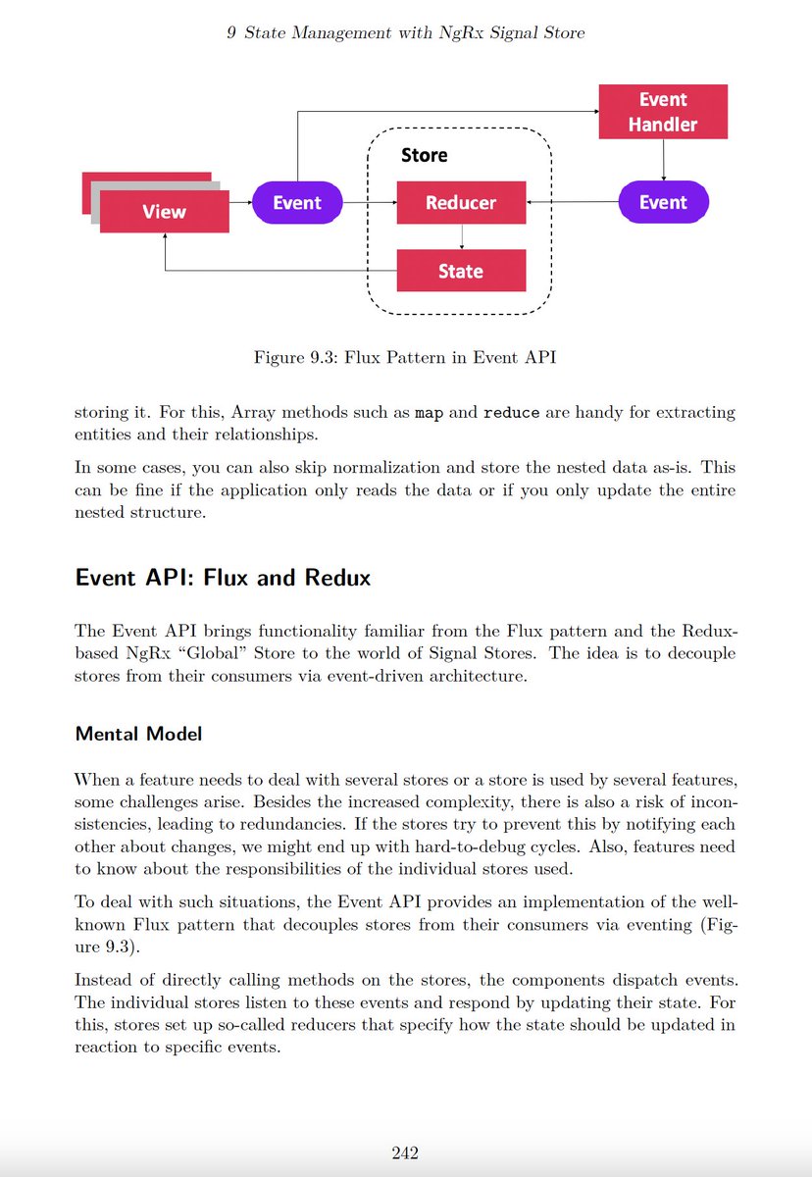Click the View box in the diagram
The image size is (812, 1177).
[165, 212]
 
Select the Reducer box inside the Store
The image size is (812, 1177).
[461, 203]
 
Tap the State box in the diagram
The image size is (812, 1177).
[461, 271]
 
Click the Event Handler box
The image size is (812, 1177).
[663, 112]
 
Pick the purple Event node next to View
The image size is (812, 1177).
[297, 203]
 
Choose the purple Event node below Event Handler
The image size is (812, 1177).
[663, 203]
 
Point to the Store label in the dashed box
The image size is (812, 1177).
[425, 155]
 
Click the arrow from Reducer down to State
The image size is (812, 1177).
[462, 236]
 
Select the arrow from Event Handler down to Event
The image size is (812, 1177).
[664, 159]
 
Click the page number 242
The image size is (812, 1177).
[405, 1152]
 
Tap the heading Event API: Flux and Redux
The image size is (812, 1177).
[223, 577]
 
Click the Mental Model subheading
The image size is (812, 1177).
[138, 734]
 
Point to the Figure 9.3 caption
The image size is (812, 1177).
[405, 357]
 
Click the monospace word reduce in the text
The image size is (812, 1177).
[512, 413]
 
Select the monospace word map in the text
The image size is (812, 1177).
[429, 413]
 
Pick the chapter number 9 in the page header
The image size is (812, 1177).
[231, 33]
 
